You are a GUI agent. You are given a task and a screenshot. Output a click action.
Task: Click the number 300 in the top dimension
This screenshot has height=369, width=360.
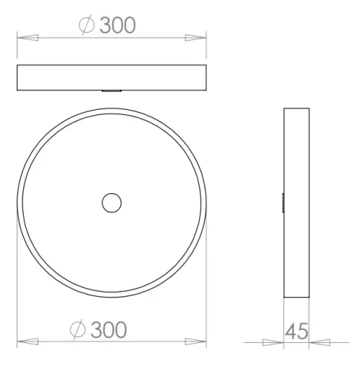(x=117, y=25)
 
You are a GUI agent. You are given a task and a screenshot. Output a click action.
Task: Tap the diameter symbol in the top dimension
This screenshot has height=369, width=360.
(x=85, y=25)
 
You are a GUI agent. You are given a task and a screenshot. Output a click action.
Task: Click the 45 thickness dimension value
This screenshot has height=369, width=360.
(x=296, y=331)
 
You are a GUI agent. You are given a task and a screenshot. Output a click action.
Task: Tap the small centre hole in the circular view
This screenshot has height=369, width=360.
(x=112, y=203)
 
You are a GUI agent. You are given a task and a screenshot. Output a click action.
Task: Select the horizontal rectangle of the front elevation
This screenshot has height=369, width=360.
(x=112, y=78)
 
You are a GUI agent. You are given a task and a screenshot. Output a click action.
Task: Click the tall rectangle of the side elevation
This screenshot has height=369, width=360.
(x=296, y=203)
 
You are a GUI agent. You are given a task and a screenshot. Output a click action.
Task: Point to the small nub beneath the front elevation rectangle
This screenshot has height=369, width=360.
(x=112, y=92)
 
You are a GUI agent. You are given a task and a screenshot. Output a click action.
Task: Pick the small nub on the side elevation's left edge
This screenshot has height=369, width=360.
(x=282, y=203)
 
